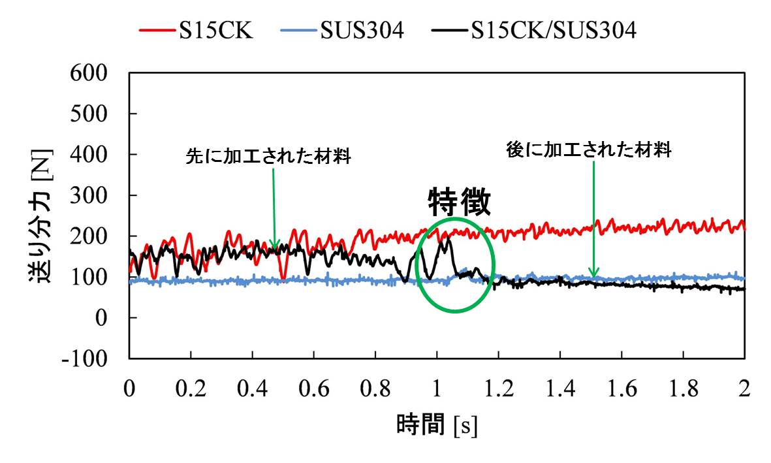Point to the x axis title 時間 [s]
pos(437,426)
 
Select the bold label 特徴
pos(459,203)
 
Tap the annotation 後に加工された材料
pos(590,150)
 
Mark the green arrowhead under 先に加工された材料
pos(275,246)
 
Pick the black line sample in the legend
pos(450,30)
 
